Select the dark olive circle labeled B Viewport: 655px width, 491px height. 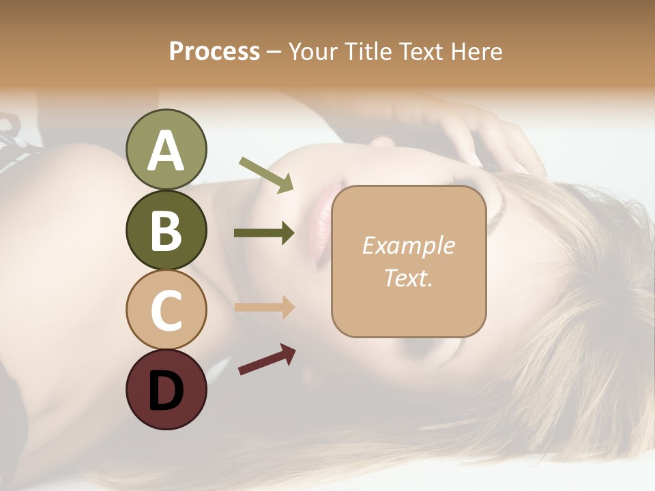[x=166, y=230]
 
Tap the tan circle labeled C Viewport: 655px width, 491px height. [x=166, y=310]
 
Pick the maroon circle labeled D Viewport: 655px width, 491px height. [x=166, y=390]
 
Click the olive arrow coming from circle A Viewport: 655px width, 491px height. [x=266, y=175]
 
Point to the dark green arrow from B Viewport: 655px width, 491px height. [x=264, y=233]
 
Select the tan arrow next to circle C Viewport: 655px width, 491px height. [x=264, y=307]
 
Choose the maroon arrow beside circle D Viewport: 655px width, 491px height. [x=267, y=359]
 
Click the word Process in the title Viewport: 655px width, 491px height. [x=214, y=52]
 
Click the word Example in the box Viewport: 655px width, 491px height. [x=408, y=245]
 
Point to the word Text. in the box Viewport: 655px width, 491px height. [x=408, y=278]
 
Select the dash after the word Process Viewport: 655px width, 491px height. [x=274, y=53]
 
